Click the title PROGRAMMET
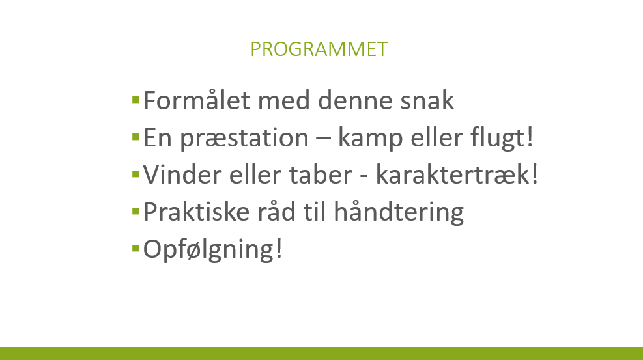point(319,49)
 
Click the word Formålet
point(197,100)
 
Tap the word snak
point(427,100)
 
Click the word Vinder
point(182,174)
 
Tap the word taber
point(321,174)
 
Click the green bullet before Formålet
point(136,100)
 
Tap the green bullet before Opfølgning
point(136,248)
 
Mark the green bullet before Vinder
point(136,174)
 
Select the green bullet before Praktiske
point(136,212)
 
